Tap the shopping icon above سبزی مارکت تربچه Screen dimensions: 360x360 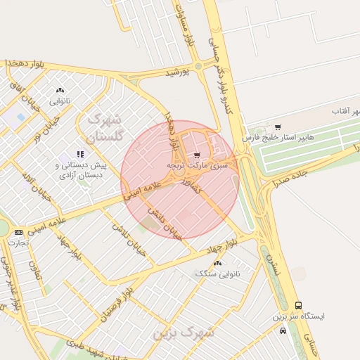tap(197, 154)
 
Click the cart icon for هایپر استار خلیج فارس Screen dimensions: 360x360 tap(278, 127)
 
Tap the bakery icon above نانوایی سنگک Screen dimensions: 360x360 tap(218, 263)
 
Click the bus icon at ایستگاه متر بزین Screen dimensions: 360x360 tap(299, 306)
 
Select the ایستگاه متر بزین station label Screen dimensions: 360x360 tap(300, 316)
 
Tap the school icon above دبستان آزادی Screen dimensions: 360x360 tap(80, 153)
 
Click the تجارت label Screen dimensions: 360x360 tap(18, 243)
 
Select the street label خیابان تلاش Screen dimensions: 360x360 tap(130, 240)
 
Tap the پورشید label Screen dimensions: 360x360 tap(178, 73)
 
